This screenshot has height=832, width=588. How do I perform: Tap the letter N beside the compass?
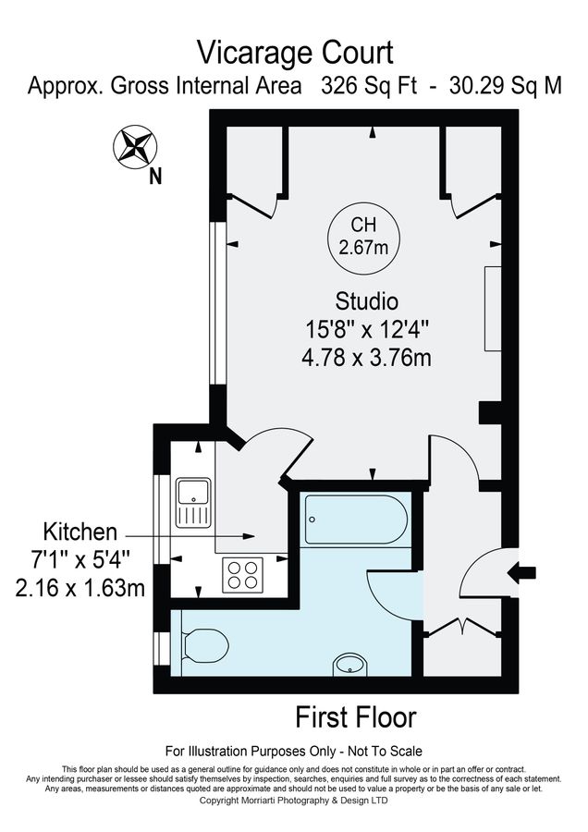tap(155, 177)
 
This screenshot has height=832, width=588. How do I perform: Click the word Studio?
tap(367, 301)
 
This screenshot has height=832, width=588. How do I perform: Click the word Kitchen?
tap(80, 532)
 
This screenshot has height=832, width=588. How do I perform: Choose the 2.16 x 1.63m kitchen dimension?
tap(80, 587)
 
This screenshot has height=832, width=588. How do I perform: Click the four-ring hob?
tap(243, 575)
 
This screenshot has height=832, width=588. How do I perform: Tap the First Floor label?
tap(356, 716)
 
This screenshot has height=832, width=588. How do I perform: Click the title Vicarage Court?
tap(296, 52)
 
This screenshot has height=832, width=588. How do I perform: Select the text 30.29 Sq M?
tap(506, 86)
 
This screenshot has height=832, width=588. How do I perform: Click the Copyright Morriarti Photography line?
tap(295, 801)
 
